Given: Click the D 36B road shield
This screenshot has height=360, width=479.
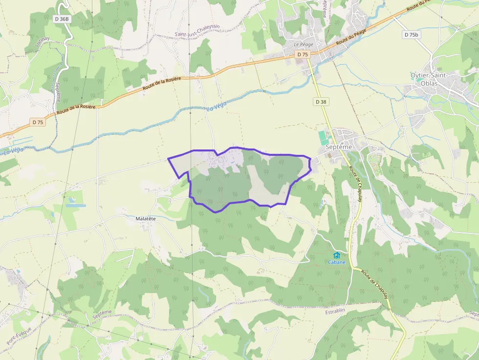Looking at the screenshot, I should point(63,19).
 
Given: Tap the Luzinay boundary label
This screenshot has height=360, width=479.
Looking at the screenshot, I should point(43,43).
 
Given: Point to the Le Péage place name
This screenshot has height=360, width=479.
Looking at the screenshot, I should point(303,44).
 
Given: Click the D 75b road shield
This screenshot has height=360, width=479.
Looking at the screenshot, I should point(412,35).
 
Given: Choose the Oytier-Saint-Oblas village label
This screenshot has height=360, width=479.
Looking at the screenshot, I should point(430,79).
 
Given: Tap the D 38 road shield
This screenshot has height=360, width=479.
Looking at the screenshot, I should point(321,102).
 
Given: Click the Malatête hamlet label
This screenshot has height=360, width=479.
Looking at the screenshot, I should point(146,219).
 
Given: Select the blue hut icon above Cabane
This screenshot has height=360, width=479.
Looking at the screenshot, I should point(336,255).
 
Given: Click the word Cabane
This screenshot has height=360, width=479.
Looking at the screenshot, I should point(336,262).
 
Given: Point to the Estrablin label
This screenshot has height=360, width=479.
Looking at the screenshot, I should point(335,311).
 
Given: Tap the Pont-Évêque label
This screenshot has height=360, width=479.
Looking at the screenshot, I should point(20,336).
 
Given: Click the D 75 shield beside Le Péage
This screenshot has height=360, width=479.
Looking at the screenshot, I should point(303,55).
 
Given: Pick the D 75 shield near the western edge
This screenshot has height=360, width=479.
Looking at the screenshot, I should point(38,122).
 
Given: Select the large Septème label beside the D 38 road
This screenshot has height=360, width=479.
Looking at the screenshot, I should point(339,147).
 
